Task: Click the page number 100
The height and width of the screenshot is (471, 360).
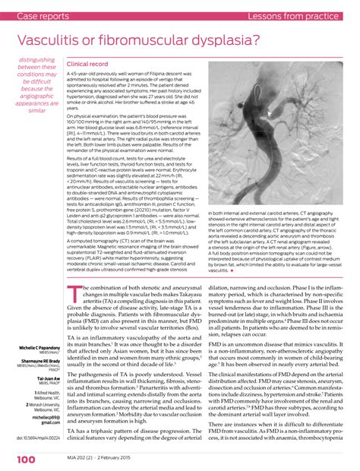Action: click(24, 460)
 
